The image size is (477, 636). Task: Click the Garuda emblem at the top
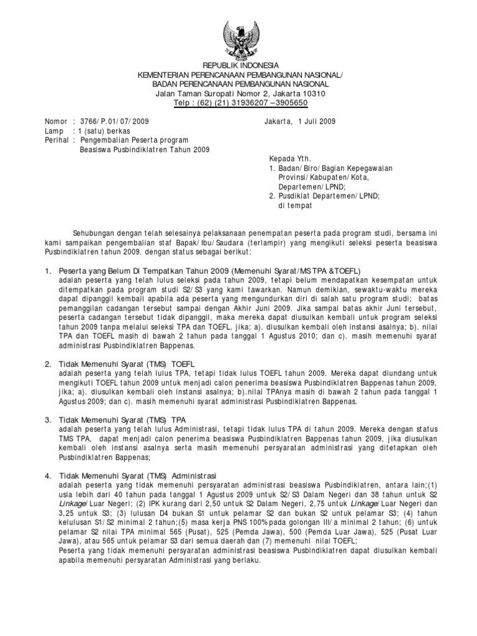click(x=238, y=37)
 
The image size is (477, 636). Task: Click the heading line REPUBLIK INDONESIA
click(x=238, y=66)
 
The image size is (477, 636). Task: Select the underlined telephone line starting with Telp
click(x=238, y=103)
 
